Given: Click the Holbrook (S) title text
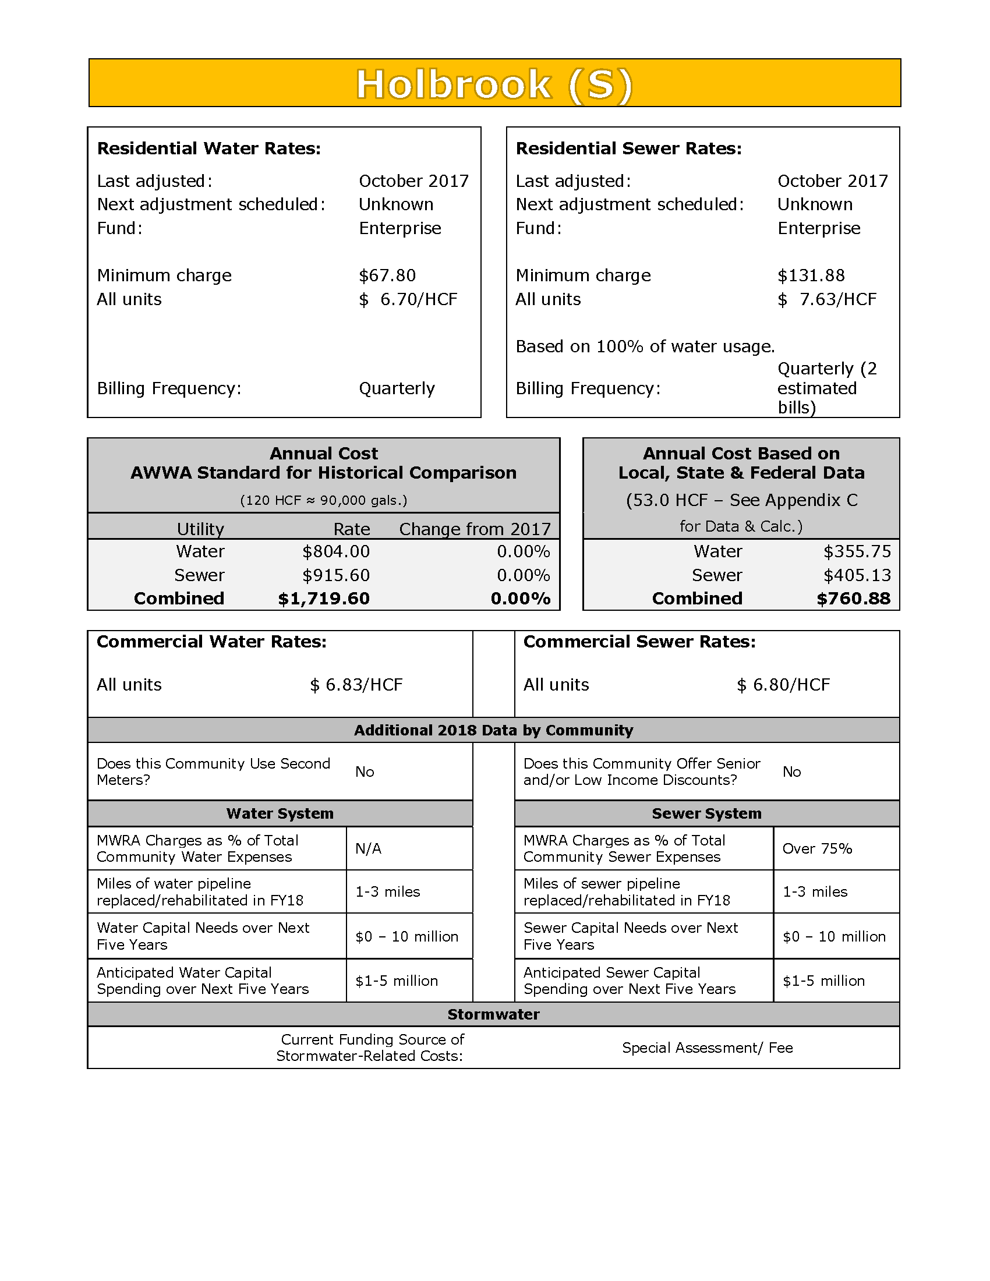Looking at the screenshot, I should (x=494, y=84).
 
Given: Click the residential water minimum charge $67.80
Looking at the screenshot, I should (x=387, y=275).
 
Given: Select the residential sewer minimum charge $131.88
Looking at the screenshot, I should (x=811, y=275).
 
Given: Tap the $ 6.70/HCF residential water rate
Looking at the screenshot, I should (x=408, y=299).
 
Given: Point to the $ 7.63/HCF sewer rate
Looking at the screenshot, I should (x=827, y=299).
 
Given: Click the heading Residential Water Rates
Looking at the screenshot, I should (x=209, y=148).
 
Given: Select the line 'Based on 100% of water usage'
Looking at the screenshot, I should (x=645, y=346).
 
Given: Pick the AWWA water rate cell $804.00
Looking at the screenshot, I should (x=336, y=551).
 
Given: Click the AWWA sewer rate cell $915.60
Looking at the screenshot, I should (x=336, y=575).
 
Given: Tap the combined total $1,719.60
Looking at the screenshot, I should (x=324, y=598).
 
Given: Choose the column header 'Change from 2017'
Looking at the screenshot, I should (x=475, y=529).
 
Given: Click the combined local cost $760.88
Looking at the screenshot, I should (x=853, y=598).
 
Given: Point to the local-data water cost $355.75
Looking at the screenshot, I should (x=857, y=551).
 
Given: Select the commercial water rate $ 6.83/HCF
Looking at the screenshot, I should (x=356, y=685).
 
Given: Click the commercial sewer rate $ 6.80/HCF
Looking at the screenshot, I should (x=783, y=685).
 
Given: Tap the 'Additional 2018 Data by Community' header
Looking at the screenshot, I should (x=494, y=730).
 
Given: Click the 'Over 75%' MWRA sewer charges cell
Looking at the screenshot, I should (x=817, y=848).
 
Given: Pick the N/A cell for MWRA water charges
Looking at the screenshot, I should (x=368, y=848).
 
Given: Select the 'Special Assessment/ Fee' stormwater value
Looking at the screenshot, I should (x=708, y=1048).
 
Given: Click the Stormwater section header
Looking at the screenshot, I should (x=494, y=1014).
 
